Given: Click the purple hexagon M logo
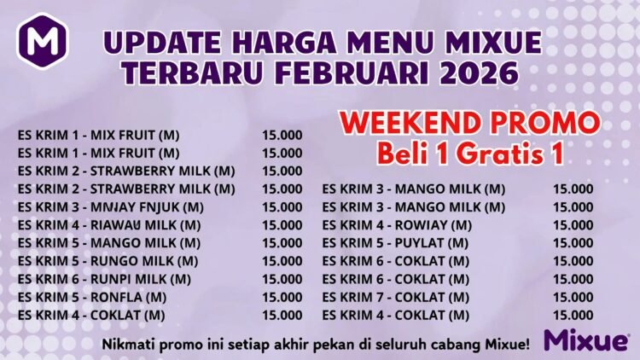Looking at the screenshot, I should [x=39, y=41].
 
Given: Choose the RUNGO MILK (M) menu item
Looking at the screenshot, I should [x=108, y=261].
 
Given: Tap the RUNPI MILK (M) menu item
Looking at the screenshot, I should [x=105, y=279].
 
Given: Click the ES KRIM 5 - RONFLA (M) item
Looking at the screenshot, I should [x=92, y=297].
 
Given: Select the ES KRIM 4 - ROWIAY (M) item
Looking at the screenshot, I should [x=397, y=225].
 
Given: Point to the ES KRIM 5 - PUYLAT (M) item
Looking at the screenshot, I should [x=395, y=243].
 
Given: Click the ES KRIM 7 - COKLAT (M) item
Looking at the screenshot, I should [x=395, y=297].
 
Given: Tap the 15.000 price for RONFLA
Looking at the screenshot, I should [x=282, y=297].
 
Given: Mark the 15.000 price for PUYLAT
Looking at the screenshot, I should [x=573, y=243].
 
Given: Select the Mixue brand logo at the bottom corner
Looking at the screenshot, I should [x=586, y=340].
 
